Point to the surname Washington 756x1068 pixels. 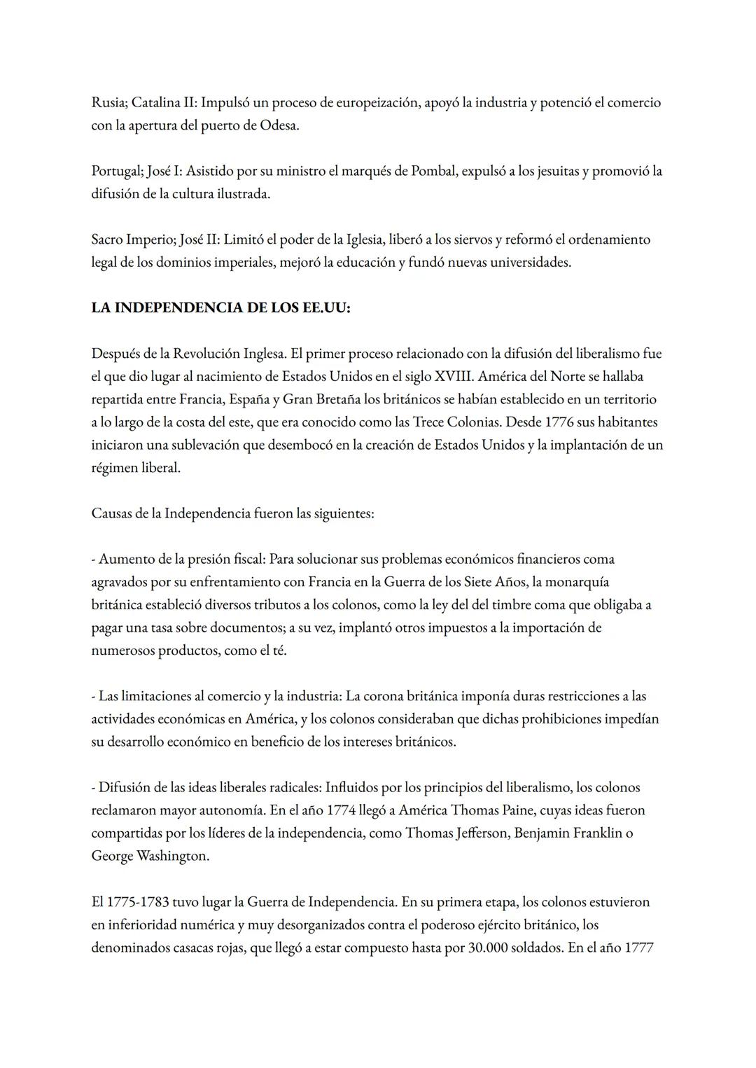(172, 856)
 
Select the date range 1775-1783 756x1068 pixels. (138, 902)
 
